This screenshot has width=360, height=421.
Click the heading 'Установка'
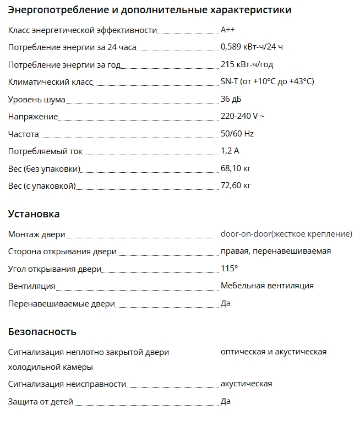point(34,214)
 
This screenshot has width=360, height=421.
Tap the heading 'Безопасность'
point(42,331)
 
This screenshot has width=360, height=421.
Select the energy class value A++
point(228,30)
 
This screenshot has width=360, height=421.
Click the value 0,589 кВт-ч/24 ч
point(252,47)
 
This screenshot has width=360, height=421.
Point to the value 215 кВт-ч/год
point(247,64)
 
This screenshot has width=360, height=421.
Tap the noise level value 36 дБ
point(231,99)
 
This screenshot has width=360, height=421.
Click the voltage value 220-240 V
point(242,116)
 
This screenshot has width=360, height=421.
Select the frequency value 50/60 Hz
point(237,134)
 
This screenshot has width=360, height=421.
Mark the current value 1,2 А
point(230,151)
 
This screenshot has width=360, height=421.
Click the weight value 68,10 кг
point(236,168)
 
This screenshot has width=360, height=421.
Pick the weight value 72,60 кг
point(236,185)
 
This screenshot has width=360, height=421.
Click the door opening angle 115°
point(229,269)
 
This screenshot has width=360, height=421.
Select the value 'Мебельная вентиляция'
point(267,286)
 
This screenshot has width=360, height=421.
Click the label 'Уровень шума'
point(36,100)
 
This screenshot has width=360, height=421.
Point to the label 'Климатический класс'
point(50,82)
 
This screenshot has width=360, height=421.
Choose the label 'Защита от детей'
point(40,402)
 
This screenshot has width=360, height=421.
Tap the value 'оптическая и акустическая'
point(274,352)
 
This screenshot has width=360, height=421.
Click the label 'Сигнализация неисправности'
point(67,384)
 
